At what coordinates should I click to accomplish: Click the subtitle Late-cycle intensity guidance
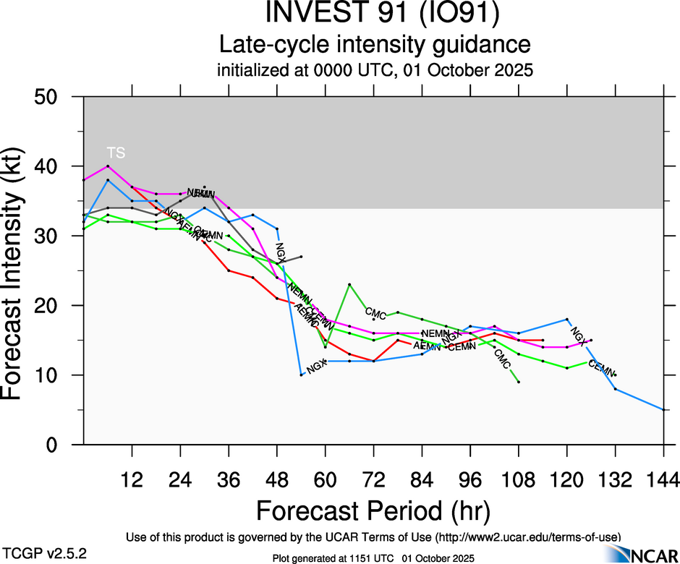tap(375, 45)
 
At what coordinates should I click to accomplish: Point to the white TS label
tap(116, 153)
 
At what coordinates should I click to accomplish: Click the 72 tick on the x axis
tap(373, 480)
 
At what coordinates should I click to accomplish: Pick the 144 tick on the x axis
tap(663, 480)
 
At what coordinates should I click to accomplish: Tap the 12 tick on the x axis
tap(132, 480)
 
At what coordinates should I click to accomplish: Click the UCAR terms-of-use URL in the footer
tap(527, 537)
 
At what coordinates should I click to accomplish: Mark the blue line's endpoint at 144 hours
tap(663, 410)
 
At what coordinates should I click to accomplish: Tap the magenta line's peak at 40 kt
tap(108, 166)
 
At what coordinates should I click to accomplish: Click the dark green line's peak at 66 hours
tap(349, 285)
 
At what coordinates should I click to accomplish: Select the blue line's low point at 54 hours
tap(301, 375)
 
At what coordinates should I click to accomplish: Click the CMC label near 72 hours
tap(375, 313)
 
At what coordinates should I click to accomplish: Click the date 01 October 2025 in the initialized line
tap(481, 72)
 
